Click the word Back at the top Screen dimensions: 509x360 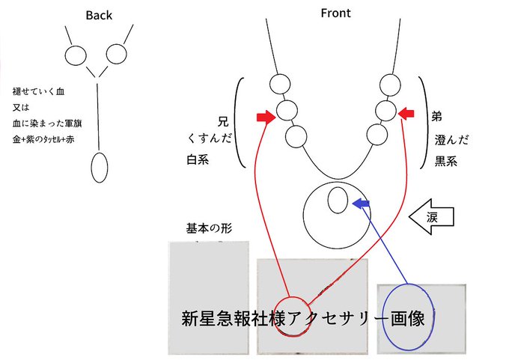[99, 15]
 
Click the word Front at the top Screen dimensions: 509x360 [335, 13]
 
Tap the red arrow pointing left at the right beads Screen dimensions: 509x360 [406, 113]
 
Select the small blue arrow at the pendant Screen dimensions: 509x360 [362, 204]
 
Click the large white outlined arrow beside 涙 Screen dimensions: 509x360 [433, 217]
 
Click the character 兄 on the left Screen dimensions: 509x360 [221, 120]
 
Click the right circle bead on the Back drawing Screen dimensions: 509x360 [116, 54]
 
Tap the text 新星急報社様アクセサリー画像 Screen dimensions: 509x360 [303, 317]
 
